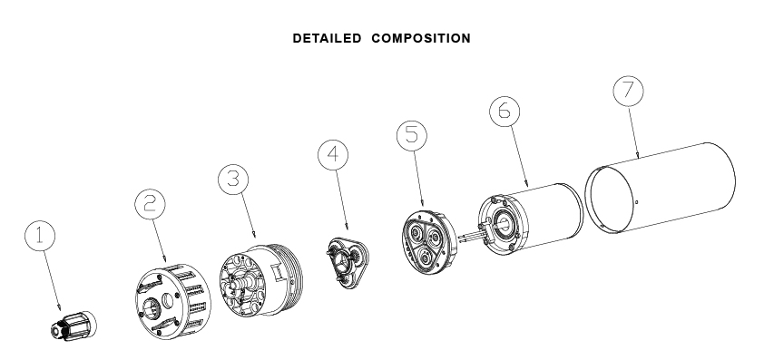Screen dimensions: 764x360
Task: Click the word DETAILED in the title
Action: point(327,38)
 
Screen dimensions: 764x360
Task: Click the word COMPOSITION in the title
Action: point(421,38)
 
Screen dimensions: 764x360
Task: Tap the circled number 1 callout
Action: point(40,237)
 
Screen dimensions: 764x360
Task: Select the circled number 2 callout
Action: point(150,204)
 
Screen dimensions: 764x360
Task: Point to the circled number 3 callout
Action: point(233,180)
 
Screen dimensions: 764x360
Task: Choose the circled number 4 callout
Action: point(333,155)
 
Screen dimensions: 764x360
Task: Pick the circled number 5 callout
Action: point(412,135)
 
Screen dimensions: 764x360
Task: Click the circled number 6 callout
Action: point(504,111)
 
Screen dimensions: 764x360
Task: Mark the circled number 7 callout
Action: point(629,91)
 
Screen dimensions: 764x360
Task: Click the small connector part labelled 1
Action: point(73,326)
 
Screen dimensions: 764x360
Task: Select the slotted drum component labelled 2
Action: point(173,301)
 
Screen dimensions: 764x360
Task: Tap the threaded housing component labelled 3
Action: point(260,280)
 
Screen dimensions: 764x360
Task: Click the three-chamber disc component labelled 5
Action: point(429,243)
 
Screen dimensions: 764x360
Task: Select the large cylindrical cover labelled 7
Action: point(660,188)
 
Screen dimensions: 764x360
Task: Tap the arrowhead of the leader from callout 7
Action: point(638,156)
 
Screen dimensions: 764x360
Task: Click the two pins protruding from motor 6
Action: point(472,237)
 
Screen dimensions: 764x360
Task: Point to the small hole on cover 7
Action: point(636,202)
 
